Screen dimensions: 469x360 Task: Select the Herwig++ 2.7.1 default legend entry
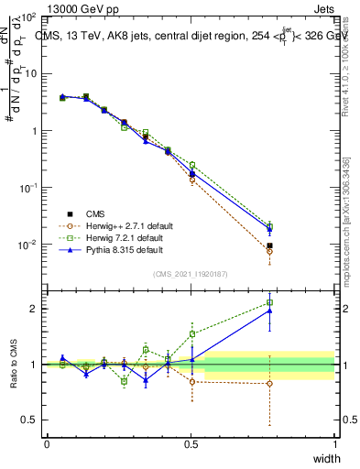[124, 225]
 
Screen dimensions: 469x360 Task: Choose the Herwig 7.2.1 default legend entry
[121, 237]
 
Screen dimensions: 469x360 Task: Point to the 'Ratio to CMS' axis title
[15, 361]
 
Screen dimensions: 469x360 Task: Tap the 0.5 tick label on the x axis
[191, 442]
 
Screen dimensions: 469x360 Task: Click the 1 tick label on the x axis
[334, 442]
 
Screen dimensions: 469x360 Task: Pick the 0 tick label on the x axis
[47, 442]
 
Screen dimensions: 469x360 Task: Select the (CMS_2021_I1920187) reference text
[191, 274]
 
